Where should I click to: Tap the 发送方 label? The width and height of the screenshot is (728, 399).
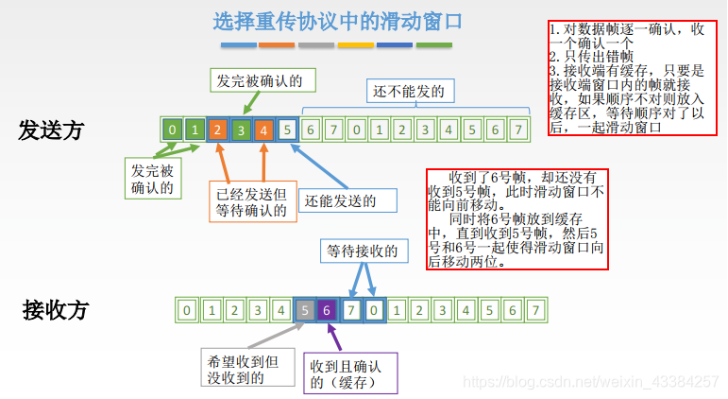(x=52, y=130)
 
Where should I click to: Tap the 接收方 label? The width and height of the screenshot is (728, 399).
(x=56, y=309)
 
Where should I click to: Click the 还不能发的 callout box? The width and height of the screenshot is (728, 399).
(x=407, y=91)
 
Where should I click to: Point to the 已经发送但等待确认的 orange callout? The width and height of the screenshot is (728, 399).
(x=251, y=200)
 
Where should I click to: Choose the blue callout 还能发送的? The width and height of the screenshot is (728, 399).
(x=347, y=200)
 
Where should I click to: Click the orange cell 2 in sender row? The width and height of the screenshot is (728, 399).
(x=217, y=130)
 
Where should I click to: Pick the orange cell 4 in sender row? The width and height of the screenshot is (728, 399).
(x=263, y=130)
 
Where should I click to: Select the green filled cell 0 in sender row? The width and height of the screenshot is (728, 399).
(x=171, y=130)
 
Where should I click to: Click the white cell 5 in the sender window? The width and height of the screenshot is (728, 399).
(x=287, y=130)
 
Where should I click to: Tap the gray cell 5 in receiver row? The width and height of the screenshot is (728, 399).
(x=303, y=309)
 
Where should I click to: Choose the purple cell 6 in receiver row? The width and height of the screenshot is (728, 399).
(x=327, y=309)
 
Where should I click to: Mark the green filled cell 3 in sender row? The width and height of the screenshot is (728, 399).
(x=241, y=130)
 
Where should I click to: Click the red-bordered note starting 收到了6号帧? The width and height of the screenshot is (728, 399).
(x=517, y=219)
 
